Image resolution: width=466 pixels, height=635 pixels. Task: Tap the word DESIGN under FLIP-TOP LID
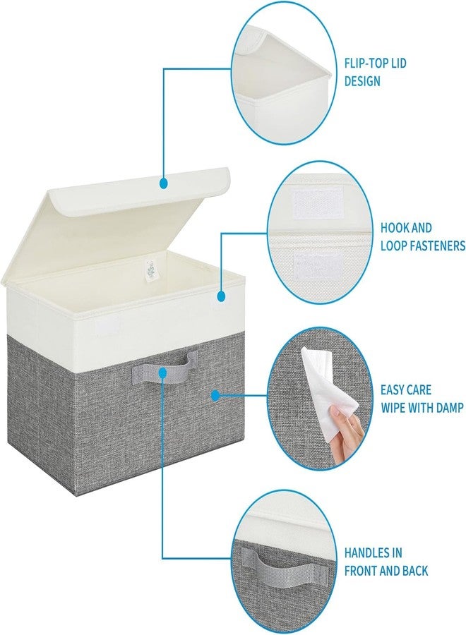tap(362, 81)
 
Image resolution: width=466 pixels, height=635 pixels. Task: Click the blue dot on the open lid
tap(164, 183)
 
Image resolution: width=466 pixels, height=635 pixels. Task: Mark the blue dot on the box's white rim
tap(221, 296)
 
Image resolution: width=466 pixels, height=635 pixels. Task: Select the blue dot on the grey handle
tap(162, 373)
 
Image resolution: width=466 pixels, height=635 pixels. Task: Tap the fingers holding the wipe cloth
tap(347, 433)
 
